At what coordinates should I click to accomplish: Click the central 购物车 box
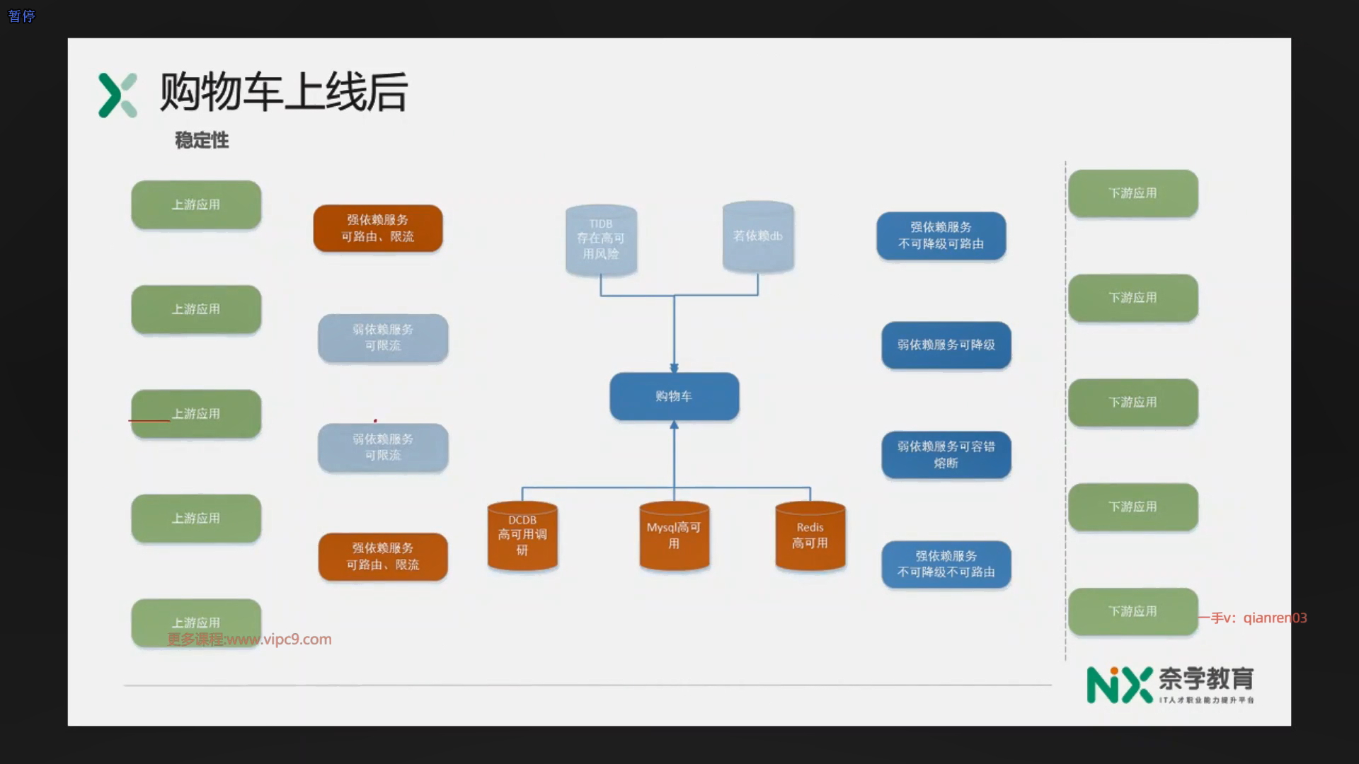pos(674,396)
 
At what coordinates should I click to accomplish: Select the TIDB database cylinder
pos(601,239)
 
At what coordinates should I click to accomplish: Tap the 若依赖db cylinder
pos(757,236)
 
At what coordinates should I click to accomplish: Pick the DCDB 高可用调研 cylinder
pos(522,536)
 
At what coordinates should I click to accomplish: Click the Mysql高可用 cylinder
pos(674,536)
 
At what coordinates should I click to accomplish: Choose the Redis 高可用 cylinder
pos(810,536)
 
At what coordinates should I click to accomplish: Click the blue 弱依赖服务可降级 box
pos(946,345)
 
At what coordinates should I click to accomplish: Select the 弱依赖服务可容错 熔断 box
pos(946,455)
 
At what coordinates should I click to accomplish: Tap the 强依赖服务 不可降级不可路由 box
pos(946,565)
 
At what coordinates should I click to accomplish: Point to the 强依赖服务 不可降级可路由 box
pos(941,236)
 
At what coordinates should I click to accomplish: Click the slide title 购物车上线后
pos(283,93)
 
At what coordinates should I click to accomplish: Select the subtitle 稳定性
pos(202,140)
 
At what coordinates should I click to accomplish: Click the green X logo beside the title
pos(117,95)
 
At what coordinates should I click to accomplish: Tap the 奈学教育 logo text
pos(1205,679)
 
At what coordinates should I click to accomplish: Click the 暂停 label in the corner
pos(21,16)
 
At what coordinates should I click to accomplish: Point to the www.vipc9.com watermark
pos(249,639)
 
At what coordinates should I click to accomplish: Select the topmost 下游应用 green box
pos(1132,193)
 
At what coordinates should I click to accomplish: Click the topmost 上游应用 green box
pos(196,204)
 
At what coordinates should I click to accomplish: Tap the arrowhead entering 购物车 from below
pos(674,425)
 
